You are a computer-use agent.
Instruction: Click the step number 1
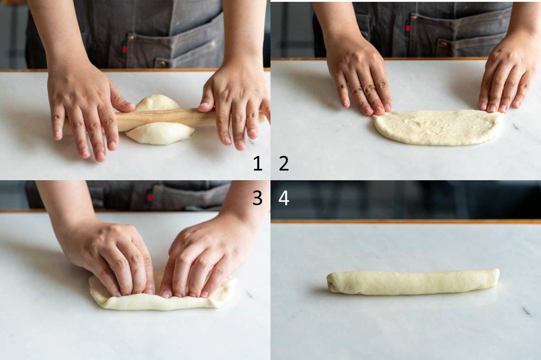257,163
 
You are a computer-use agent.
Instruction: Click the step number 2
284,163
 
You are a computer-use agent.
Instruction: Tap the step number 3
257,198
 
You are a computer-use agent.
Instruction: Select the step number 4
284,198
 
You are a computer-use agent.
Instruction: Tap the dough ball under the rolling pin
159,119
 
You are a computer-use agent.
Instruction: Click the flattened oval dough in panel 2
438,127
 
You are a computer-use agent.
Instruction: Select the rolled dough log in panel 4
413,282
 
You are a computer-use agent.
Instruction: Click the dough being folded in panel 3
162,296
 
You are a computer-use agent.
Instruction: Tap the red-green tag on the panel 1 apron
124,48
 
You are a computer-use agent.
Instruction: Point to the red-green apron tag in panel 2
407,27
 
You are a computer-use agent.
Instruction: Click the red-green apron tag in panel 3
149,195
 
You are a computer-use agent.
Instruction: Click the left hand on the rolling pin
86,110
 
